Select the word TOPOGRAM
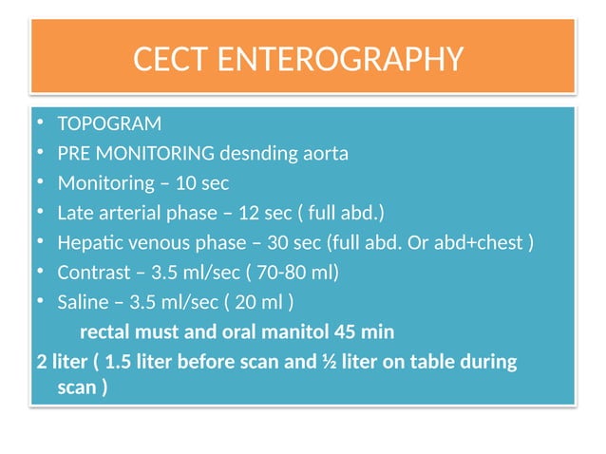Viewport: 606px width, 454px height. click(x=109, y=124)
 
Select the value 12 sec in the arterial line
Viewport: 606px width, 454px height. click(x=266, y=212)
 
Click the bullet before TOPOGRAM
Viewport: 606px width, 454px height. click(x=41, y=124)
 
